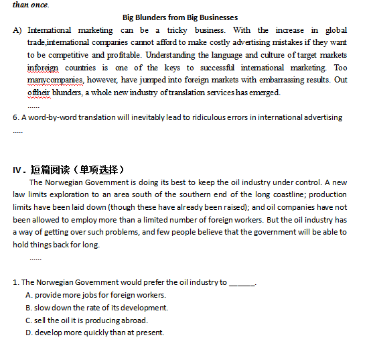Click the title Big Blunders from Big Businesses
click(x=180, y=17)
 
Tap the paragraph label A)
click(x=17, y=30)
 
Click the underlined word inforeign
click(x=43, y=68)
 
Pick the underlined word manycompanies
click(x=52, y=80)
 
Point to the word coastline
click(x=308, y=194)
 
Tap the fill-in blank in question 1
click(x=242, y=282)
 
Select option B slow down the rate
click(x=96, y=308)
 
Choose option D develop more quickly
click(x=94, y=333)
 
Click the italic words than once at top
click(x=31, y=5)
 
